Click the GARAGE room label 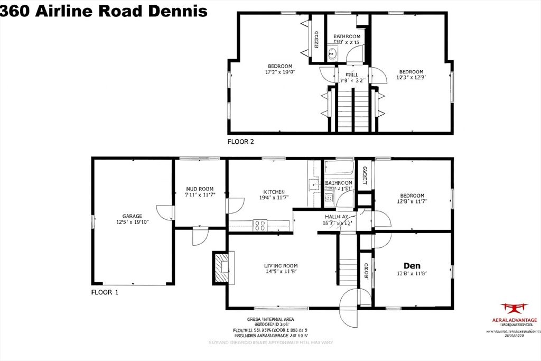coord(133,216)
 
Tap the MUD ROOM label coord(200,189)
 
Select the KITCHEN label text coord(274,192)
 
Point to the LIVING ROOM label coord(281,266)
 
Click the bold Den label coord(412,265)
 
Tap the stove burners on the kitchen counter coord(260,226)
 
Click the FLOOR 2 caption coord(245,141)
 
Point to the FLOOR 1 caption coord(105,292)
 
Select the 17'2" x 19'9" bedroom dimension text coord(279,72)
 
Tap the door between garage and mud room coord(166,211)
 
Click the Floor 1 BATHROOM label coord(339,183)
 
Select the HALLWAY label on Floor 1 coord(336,217)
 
